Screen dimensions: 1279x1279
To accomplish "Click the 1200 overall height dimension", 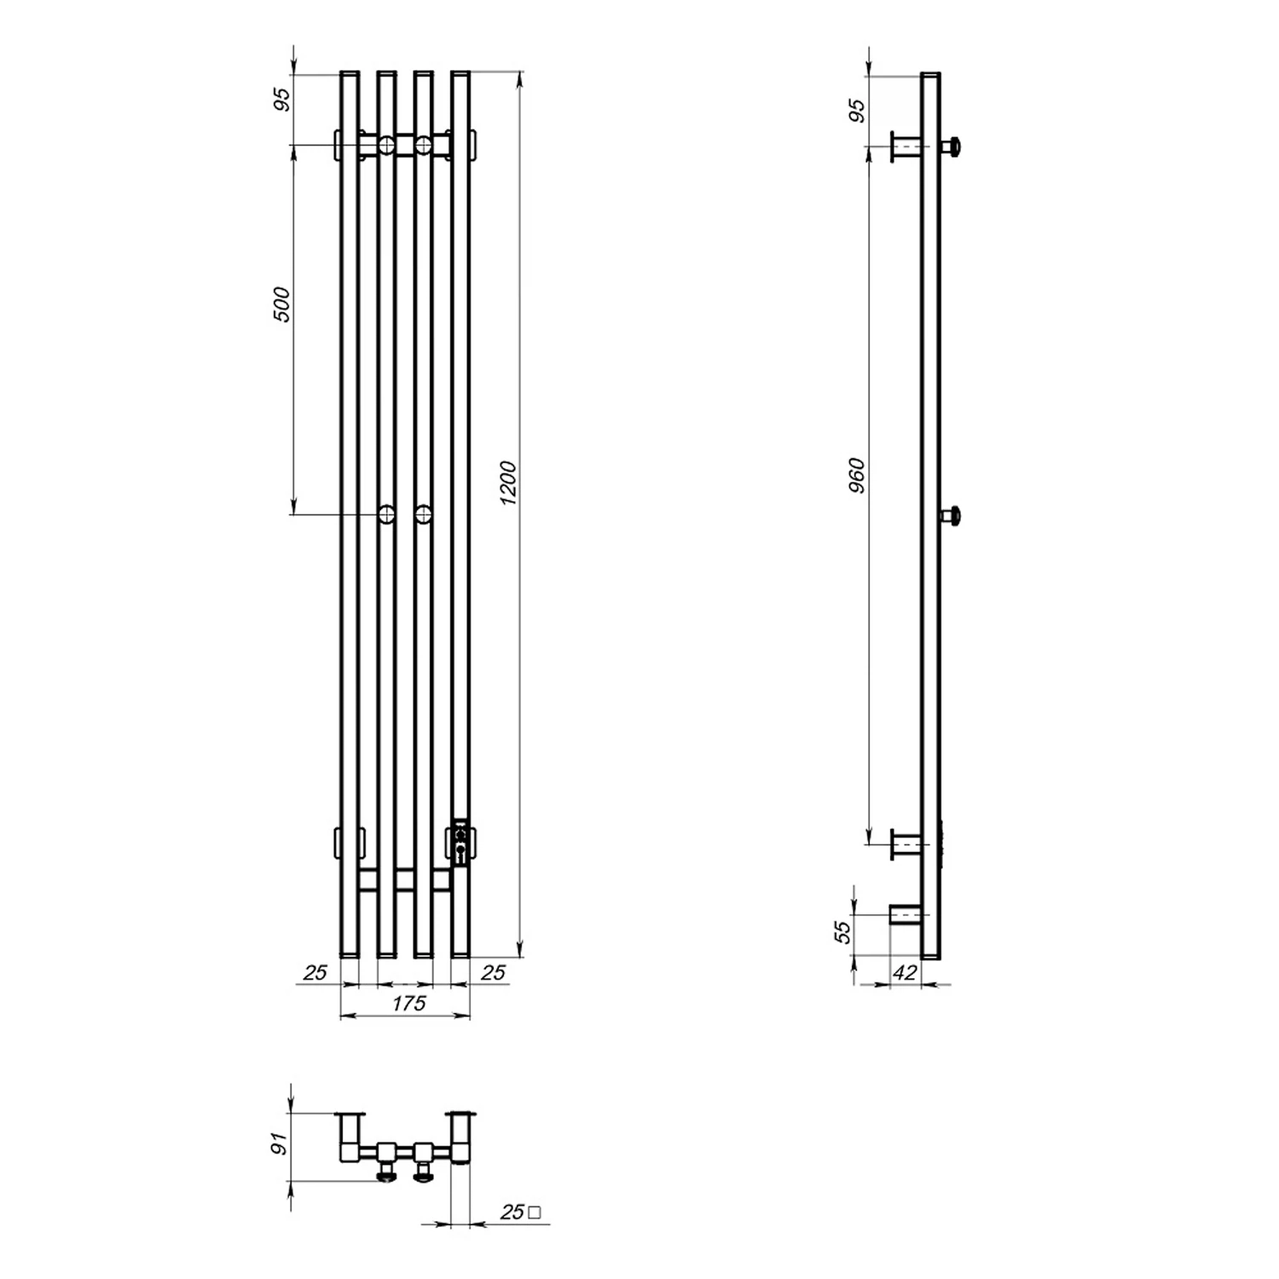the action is coord(507,483).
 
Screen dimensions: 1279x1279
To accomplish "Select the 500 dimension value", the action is coord(281,304).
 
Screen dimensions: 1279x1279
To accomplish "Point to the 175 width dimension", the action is coord(408,1004).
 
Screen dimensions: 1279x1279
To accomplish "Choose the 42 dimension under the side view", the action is coord(906,972).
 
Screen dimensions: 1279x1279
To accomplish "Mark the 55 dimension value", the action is coord(842,931).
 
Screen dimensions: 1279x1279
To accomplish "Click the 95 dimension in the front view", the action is coord(283,99).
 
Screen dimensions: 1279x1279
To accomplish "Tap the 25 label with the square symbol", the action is coord(519,1212).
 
